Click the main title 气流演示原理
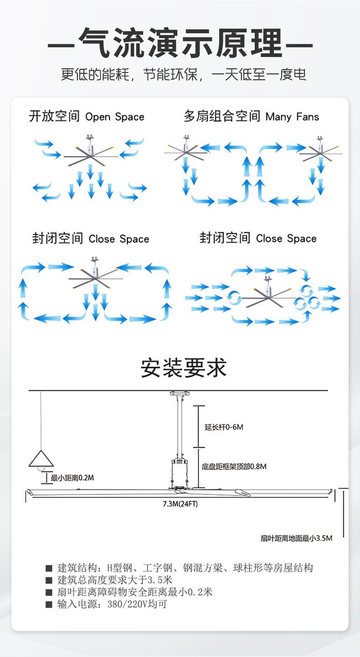(180, 43)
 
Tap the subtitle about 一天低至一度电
(184, 74)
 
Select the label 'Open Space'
(115, 117)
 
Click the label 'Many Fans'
(292, 117)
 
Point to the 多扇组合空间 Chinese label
(222, 116)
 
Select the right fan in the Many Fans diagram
(320, 150)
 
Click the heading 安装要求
(184, 367)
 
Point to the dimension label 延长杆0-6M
(224, 427)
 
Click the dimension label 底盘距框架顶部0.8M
(234, 466)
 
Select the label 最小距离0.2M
(72, 478)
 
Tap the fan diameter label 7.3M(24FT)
(180, 504)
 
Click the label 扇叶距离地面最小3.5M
(297, 538)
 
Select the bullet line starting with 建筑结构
(180, 568)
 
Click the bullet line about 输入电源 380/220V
(107, 604)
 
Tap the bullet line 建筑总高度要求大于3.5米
(109, 580)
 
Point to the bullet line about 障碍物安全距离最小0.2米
(129, 592)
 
